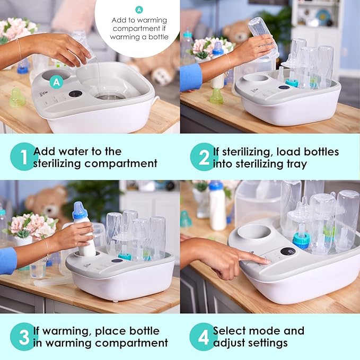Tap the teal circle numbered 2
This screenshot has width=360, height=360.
204,157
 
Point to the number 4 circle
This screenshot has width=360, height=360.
204,337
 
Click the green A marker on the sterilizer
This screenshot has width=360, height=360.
56,82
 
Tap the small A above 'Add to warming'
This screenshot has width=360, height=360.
139,10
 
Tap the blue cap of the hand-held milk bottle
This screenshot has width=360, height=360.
80,210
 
